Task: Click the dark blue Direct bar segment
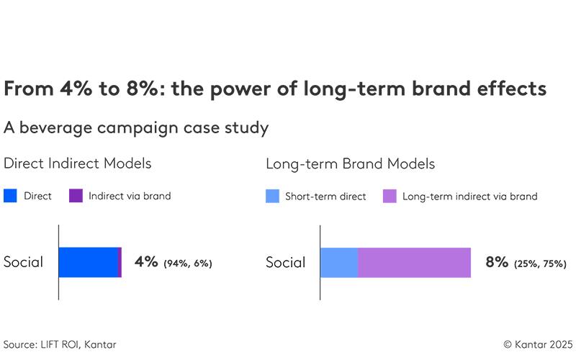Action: coord(88,262)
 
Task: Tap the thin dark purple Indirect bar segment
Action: coord(120,262)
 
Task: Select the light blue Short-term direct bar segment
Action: coord(338,262)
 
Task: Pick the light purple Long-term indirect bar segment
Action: coord(414,262)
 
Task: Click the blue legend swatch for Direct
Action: coord(10,196)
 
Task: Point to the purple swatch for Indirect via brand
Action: coord(75,196)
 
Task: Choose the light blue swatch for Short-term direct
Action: coord(272,196)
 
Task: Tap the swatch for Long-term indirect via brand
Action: coord(389,196)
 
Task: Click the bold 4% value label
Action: coord(146,262)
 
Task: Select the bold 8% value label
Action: coord(498,262)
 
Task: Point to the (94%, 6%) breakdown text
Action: coord(188,264)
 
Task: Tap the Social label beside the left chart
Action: coord(23,262)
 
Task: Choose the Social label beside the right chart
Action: coord(285,262)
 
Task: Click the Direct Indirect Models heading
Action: coord(78,163)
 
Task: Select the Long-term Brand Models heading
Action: coord(350,163)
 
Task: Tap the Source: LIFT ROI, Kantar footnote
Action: coord(60,345)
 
